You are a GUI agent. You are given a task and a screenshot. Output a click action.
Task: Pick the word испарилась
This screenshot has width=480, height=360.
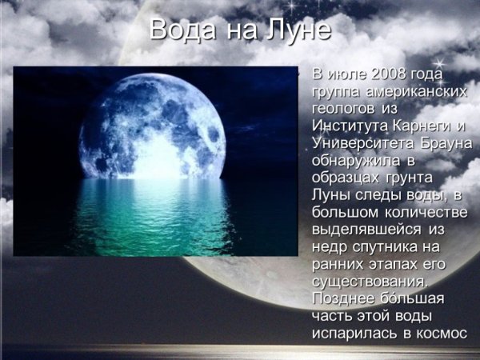[x=354, y=334]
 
